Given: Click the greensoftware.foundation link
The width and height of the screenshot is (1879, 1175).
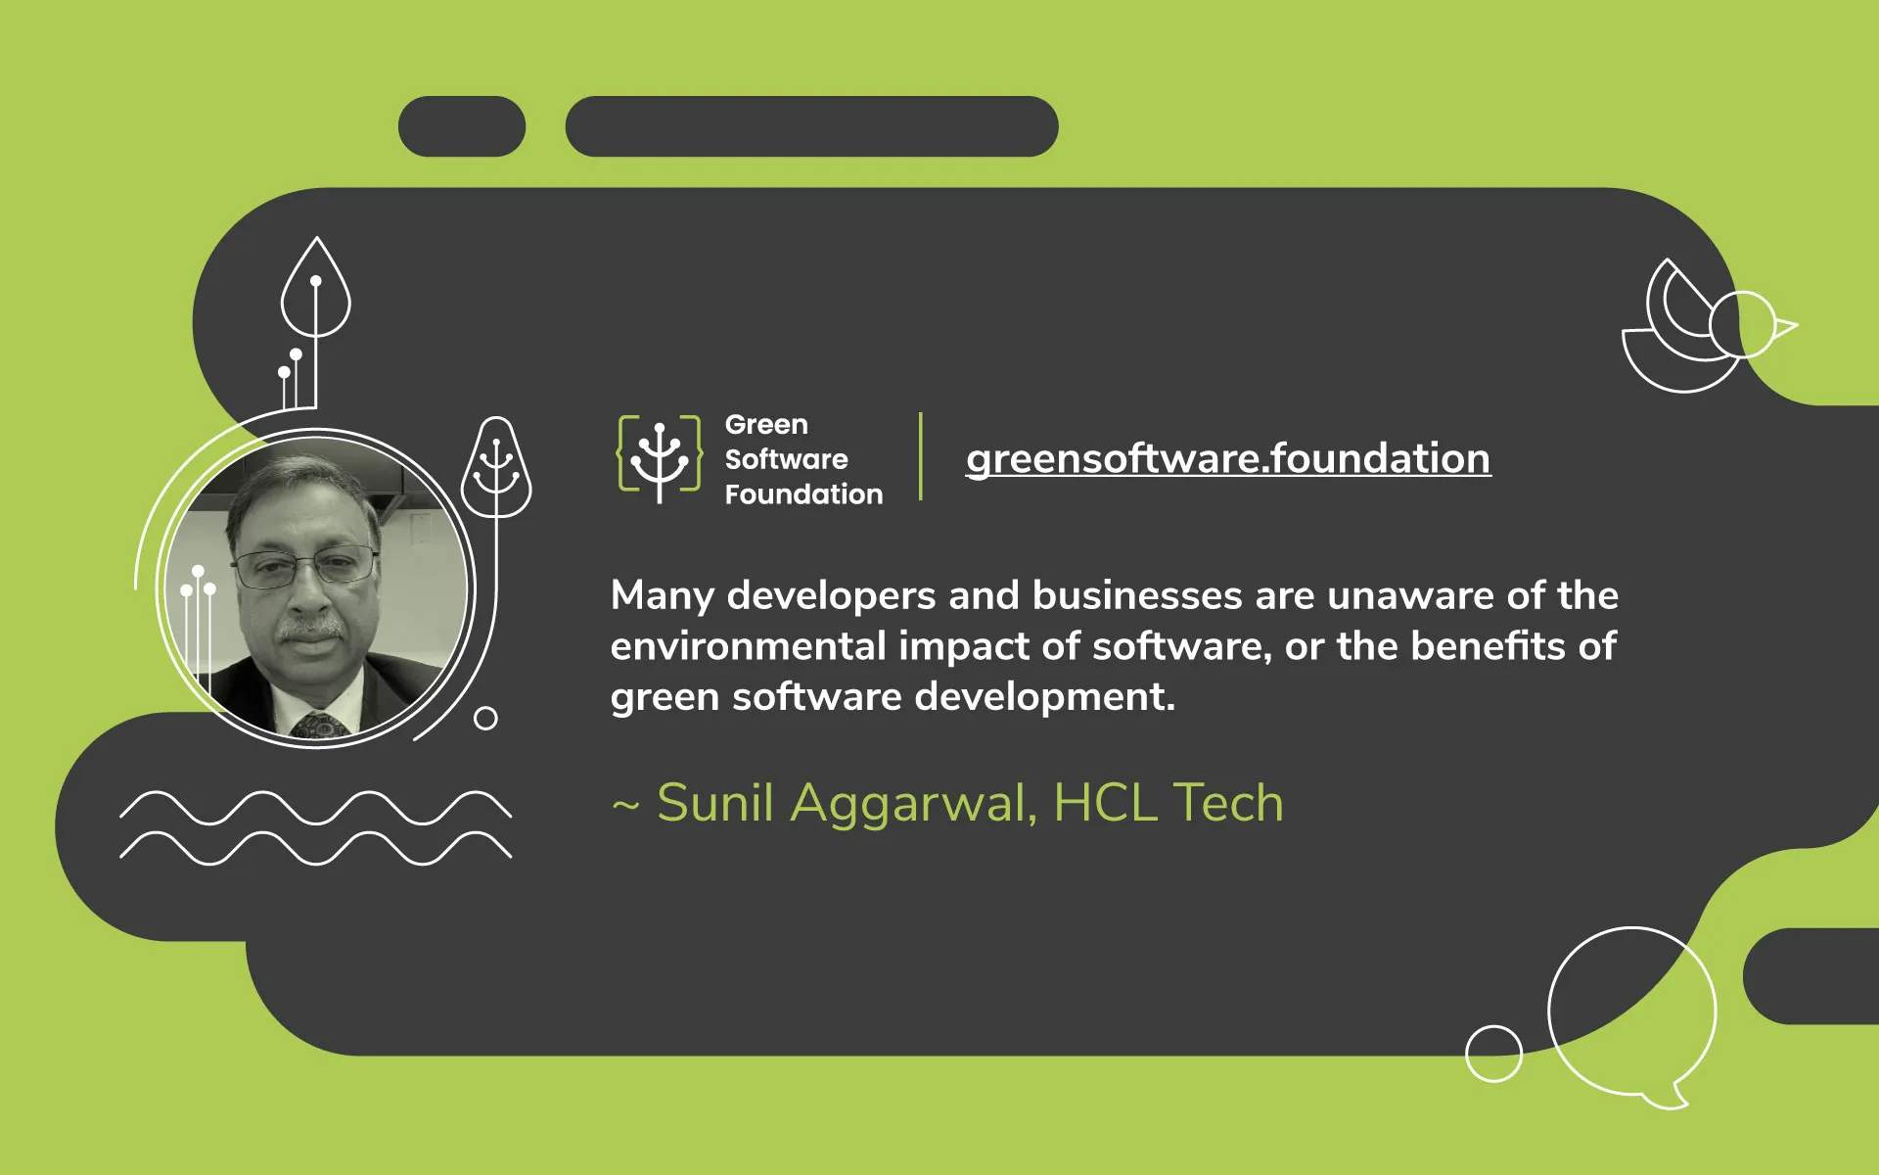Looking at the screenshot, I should coord(1228,458).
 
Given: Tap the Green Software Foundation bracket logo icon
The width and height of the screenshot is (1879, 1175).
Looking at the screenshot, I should coord(660,457).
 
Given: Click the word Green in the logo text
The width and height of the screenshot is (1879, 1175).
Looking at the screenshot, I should coord(766,424).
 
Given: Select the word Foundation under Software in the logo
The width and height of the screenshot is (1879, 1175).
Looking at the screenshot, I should coord(803,493).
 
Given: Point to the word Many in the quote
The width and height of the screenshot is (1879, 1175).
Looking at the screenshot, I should coord(663,596).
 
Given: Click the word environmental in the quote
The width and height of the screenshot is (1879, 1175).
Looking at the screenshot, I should coord(748,646).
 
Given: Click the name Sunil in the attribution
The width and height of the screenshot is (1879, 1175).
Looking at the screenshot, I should coord(715,803).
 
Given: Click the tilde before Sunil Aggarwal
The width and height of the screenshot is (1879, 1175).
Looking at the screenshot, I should coord(625,806).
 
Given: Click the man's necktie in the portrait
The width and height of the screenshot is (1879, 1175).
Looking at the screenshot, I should coord(319,726).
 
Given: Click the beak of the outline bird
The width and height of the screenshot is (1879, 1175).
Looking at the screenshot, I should coord(1786,327).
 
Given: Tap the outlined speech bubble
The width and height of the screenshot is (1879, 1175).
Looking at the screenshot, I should coord(1632,1013).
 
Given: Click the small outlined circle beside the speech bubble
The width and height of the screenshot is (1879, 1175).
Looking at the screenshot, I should coord(1493,1054).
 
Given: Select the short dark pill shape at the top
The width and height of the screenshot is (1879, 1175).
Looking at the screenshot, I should coord(462,126).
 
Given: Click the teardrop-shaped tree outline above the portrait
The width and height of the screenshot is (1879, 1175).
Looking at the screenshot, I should coord(315,289).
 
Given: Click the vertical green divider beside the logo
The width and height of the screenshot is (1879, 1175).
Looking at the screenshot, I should coord(921,456).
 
